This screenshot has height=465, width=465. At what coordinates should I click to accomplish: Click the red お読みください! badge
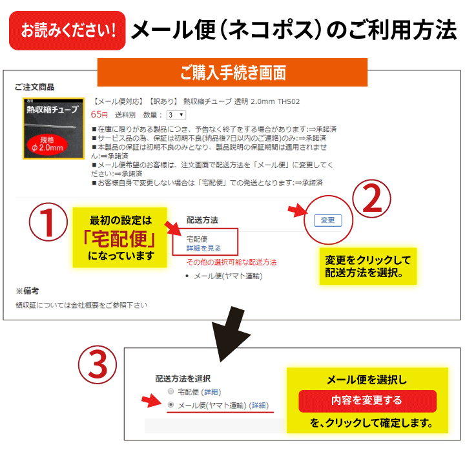coord(67,30)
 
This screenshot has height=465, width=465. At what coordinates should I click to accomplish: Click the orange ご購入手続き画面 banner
coord(232,72)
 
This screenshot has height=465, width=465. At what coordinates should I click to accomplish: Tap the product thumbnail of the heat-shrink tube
coord(54,129)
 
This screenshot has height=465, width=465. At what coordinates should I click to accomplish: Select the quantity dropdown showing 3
coord(176,115)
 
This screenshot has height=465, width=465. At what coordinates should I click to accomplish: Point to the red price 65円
coord(99,114)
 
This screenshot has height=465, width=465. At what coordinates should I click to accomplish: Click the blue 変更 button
coord(328,220)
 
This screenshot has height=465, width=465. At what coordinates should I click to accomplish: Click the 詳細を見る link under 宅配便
coord(203,248)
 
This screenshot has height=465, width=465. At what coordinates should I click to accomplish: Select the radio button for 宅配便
coord(170,391)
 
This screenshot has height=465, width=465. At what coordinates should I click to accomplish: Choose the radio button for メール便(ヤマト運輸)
coord(170,404)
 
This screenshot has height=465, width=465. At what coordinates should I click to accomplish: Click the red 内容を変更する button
coord(367,401)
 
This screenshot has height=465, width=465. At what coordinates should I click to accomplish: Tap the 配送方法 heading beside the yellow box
coord(202,220)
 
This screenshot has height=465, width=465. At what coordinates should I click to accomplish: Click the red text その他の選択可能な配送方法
coord(232,262)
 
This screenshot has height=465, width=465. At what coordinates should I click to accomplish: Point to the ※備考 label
coord(27,291)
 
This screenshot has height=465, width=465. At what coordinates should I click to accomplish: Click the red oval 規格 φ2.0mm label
coord(47,144)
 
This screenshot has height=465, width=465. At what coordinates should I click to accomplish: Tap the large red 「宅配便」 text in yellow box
coord(120,239)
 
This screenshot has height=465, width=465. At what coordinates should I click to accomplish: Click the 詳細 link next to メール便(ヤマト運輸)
coord(259,406)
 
